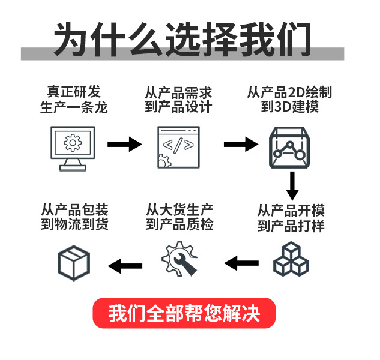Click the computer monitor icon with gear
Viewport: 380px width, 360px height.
[72, 147]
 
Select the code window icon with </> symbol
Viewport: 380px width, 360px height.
[178, 146]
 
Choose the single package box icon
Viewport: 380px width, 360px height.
[74, 262]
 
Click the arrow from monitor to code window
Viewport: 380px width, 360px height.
[124, 144]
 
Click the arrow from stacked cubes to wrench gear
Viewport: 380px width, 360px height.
[241, 263]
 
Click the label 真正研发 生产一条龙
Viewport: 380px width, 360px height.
[74, 100]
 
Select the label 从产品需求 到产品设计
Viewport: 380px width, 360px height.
[178, 100]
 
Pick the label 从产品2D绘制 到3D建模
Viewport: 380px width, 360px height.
[289, 100]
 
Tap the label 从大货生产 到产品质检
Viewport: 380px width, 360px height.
[179, 217]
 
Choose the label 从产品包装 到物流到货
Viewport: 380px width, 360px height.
[74, 217]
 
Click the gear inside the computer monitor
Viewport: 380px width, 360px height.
[73, 143]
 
